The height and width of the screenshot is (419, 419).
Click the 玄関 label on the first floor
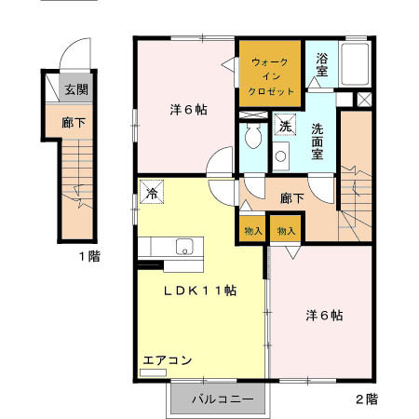pos(76,89)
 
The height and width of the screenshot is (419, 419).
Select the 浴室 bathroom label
pos(321,63)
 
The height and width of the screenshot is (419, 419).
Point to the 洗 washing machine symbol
pos(280,127)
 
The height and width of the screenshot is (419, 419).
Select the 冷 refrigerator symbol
pos(152,194)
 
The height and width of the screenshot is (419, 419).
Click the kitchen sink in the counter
pos(184,248)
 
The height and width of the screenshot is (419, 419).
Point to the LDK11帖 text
pos(200,290)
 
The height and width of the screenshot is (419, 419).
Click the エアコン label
pos(168,358)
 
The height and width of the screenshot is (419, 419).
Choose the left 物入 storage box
pos(253,230)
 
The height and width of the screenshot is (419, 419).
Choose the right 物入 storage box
pos(285,230)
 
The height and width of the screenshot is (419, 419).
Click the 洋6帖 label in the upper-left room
pos(188,109)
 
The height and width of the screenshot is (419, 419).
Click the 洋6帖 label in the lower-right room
pos(324,315)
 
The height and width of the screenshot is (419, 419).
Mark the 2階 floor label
pos(366,399)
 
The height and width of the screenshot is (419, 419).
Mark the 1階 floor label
pos(88,256)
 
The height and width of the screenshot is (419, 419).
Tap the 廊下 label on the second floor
pos(292,197)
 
